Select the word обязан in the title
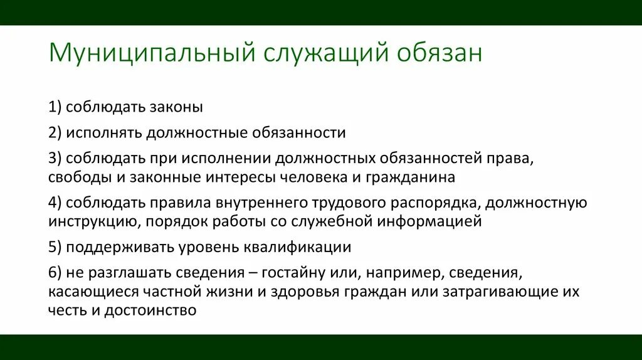pos(439,53)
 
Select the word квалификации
pos(300,247)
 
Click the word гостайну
pos(297,273)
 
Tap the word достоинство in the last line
pos(150,310)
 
